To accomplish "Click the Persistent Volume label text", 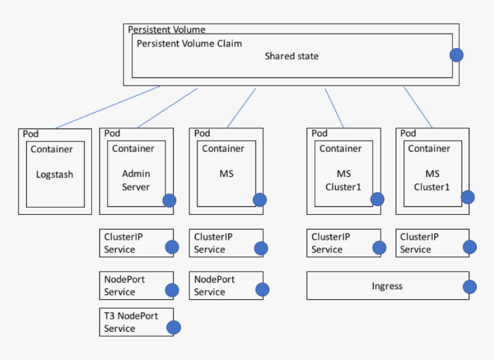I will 166,29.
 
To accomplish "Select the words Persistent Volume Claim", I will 189,44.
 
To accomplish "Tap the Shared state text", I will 291,56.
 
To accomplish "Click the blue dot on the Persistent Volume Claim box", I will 456,55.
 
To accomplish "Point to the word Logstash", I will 55,175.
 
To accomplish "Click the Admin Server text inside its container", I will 136,180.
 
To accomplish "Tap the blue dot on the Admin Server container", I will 169,200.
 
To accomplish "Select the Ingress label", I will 387,286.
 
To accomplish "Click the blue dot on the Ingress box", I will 470,287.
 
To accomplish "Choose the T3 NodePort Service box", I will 132,322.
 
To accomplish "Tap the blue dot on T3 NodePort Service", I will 173,327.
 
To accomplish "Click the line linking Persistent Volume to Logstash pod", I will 107,107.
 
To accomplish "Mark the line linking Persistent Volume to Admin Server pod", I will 167,108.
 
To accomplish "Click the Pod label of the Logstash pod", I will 30,134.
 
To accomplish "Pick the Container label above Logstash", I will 52,149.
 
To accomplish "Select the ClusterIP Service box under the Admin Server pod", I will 132,243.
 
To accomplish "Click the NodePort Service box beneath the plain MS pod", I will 222,285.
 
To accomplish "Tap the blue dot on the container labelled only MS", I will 260,200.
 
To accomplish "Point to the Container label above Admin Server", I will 133,149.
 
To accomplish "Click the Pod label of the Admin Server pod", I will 112,133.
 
